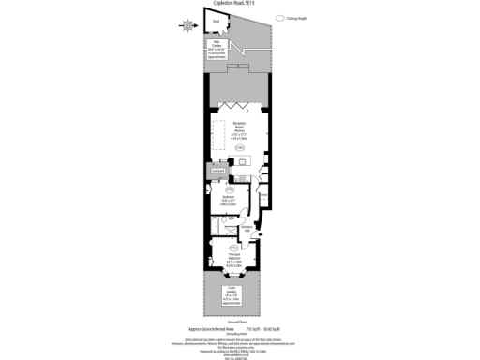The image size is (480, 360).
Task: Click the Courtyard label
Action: [x=217, y=172]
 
